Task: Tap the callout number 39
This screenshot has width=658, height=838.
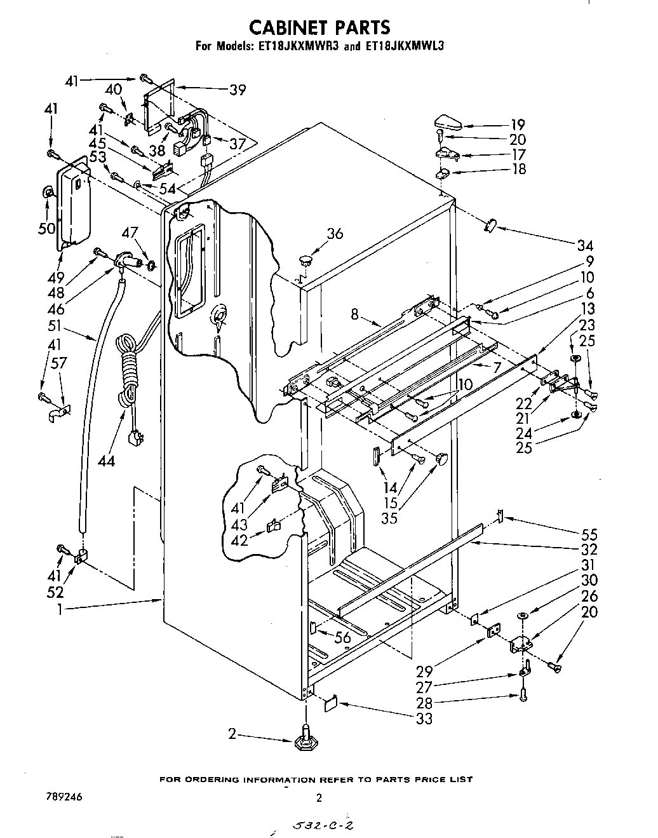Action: click(x=238, y=90)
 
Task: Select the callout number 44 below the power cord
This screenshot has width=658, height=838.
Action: click(x=107, y=461)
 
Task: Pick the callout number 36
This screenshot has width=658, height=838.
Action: click(x=334, y=233)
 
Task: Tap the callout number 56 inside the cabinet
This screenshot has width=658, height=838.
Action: click(x=342, y=637)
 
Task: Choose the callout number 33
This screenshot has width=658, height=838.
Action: click(x=424, y=718)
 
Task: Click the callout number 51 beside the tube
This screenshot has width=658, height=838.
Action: click(x=55, y=325)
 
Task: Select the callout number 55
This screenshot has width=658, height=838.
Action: click(x=589, y=534)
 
